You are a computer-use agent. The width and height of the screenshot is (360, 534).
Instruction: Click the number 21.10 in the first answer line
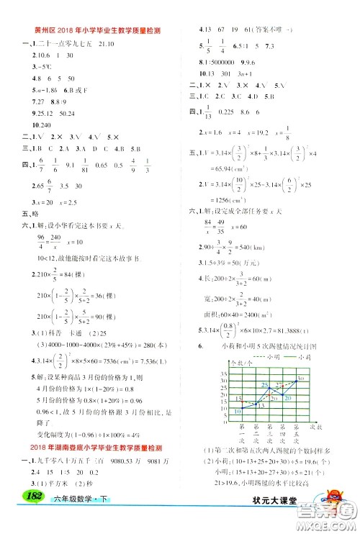(118, 43)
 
